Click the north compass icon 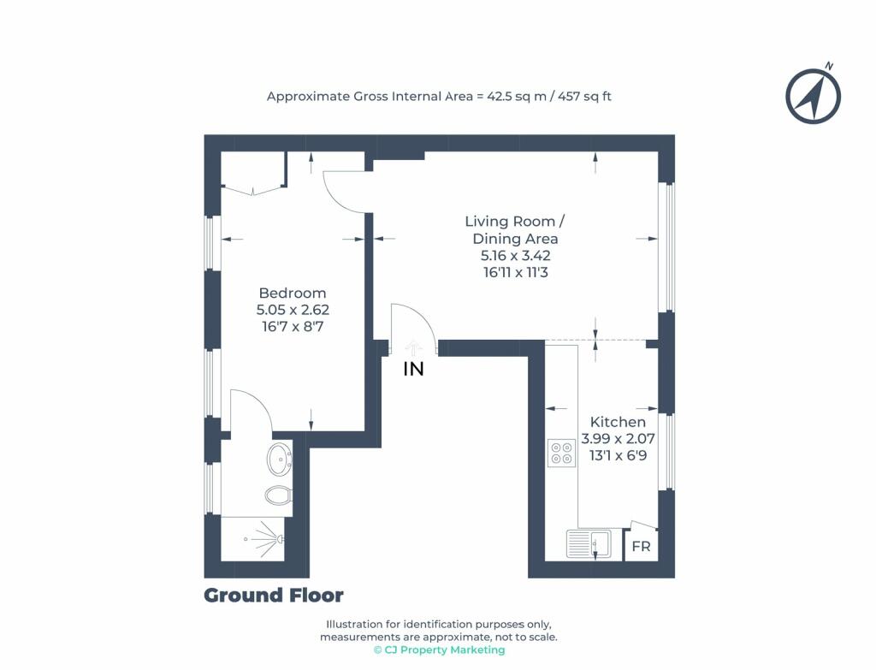pos(813,96)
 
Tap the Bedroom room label pos(293,293)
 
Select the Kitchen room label pos(618,422)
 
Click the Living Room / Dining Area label pos(514,229)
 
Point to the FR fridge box pos(641,545)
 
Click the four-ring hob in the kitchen pos(561,454)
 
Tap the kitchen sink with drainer pos(589,544)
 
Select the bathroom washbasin pos(280,460)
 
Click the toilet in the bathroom pos(278,495)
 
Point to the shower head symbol pos(280,539)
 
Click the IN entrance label pos(413,369)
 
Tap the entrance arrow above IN pos(413,347)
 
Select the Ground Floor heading pos(273,596)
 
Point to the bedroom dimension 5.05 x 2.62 pos(293,310)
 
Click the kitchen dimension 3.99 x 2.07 pos(618,439)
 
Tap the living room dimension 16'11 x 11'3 pos(515,272)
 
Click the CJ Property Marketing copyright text pos(439,649)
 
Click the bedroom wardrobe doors pos(253,191)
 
